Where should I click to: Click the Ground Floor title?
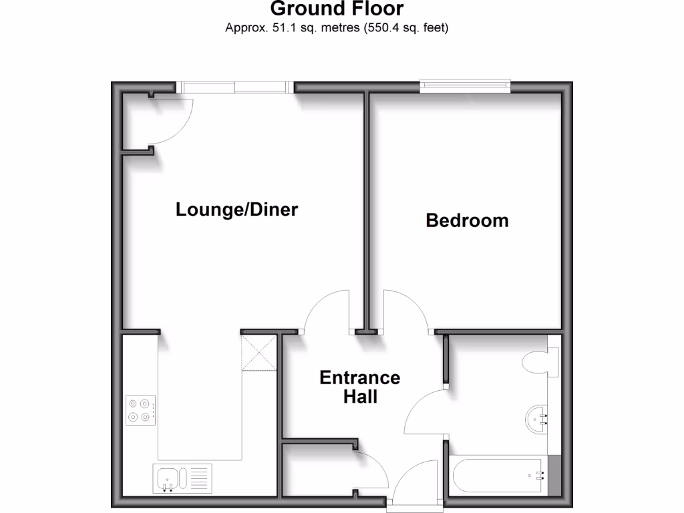point(337,9)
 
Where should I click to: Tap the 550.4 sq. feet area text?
point(405,28)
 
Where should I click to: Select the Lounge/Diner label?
point(236,210)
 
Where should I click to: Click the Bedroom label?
point(467,220)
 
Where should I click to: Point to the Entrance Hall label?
point(359,387)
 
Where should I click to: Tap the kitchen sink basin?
point(167,478)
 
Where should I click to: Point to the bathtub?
point(498,476)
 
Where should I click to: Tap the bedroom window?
point(465,85)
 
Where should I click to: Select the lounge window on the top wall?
point(234,87)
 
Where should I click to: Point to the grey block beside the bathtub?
point(554,476)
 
